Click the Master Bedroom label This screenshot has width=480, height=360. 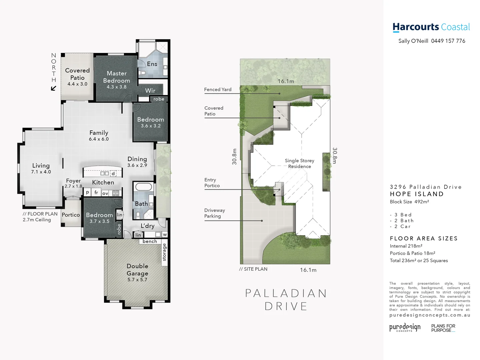[x=116, y=77]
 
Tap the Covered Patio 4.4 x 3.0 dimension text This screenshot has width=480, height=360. [x=77, y=84]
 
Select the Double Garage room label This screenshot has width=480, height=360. [x=137, y=270]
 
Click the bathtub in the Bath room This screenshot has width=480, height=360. [x=144, y=187]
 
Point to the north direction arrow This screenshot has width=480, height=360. [x=53, y=88]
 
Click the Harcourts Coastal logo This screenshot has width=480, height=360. [x=431, y=27]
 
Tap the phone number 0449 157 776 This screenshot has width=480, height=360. [x=448, y=41]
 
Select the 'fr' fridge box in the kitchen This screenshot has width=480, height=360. [x=96, y=193]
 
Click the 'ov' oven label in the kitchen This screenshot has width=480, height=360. [x=105, y=193]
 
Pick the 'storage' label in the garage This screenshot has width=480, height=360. [x=164, y=252]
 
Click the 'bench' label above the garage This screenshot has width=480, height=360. [x=150, y=241]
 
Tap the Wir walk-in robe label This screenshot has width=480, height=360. [x=150, y=91]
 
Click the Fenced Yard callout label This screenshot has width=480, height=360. [x=218, y=90]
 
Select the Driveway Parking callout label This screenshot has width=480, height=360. [x=215, y=213]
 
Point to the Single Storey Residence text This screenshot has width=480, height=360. [x=299, y=163]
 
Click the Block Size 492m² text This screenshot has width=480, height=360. [x=409, y=202]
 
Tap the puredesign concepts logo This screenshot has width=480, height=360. [x=405, y=327]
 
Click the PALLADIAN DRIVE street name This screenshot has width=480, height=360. [x=286, y=300]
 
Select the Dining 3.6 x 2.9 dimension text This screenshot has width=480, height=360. [x=137, y=165]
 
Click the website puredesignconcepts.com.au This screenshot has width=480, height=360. [x=430, y=315]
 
